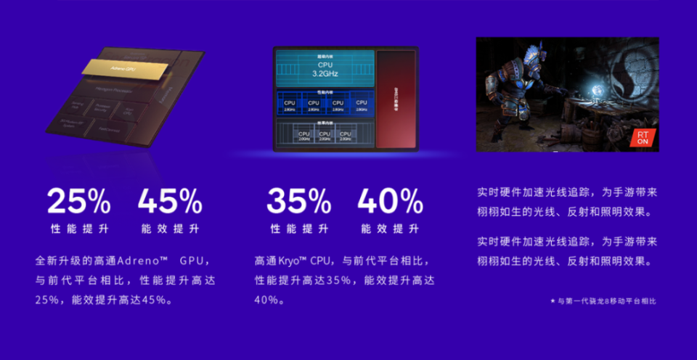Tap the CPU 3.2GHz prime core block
(325, 68)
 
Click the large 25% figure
(79, 201)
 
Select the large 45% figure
(170, 201)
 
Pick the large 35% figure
(298, 201)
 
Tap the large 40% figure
(390, 201)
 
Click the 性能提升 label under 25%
(79, 229)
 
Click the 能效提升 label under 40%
(390, 229)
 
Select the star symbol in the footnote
(552, 300)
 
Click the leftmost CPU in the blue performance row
(290, 105)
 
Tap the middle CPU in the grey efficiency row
(325, 135)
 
